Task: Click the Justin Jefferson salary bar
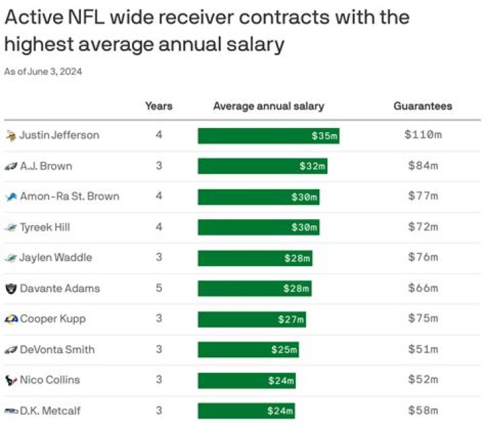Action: [268, 135]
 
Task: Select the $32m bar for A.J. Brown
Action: [262, 166]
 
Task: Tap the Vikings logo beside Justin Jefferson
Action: [11, 135]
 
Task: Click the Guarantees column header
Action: [422, 106]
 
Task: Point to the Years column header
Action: [159, 106]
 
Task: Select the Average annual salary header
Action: [268, 106]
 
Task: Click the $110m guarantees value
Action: [422, 135]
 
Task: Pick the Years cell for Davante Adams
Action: [159, 288]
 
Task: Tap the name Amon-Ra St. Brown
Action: [69, 197]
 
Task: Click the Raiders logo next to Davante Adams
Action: [11, 288]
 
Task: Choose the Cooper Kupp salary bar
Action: [251, 319]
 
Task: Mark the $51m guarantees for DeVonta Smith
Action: [422, 349]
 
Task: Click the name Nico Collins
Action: [50, 380]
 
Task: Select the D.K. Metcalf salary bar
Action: [247, 410]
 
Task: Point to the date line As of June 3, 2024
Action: [43, 71]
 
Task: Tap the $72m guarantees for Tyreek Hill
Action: [422, 227]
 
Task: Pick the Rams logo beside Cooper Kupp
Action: [11, 319]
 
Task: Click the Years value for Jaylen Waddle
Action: [159, 257]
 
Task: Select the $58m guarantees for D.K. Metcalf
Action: [422, 410]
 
